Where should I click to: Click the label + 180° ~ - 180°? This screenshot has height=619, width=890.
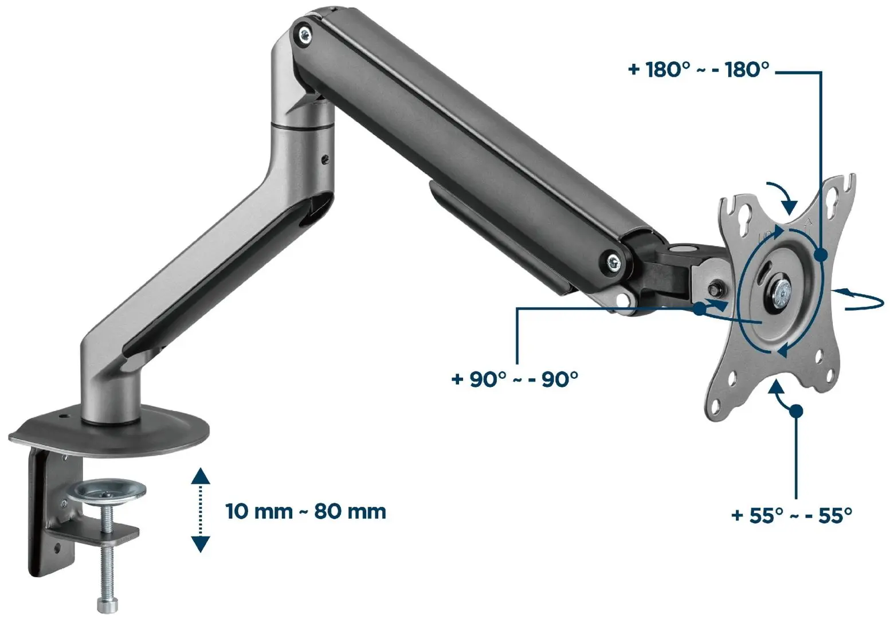699,70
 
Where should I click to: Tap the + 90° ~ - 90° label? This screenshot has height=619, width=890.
515,379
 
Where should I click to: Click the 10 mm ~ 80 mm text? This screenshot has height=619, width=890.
305,511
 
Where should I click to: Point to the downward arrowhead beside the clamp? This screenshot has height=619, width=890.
200,544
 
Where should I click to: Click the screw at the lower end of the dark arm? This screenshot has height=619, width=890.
615,262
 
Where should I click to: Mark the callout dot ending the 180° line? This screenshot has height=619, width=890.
820,256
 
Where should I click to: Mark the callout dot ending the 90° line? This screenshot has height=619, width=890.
699,309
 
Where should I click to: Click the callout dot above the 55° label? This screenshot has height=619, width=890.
795,410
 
